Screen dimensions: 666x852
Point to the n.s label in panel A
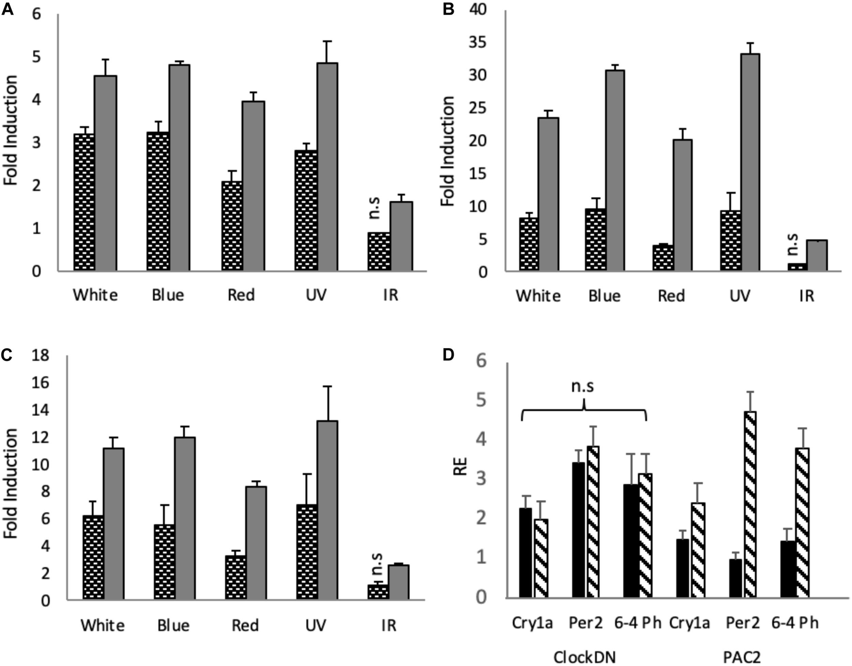(375, 208)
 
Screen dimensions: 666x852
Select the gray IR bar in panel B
(817, 255)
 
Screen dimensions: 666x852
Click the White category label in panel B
(538, 296)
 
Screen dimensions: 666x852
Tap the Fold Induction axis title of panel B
(448, 151)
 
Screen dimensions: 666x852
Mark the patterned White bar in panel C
(93, 557)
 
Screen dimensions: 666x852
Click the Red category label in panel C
(245, 625)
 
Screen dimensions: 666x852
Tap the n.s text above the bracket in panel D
(582, 386)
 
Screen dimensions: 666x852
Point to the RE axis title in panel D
(461, 467)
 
